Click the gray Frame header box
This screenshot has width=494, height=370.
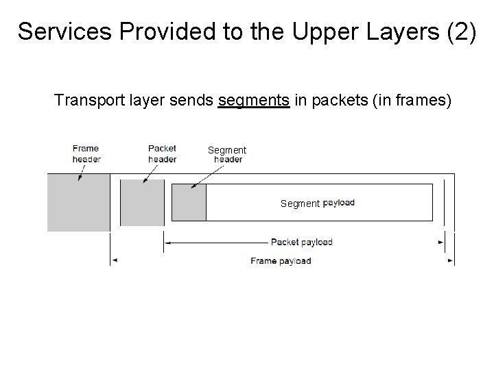[78, 202]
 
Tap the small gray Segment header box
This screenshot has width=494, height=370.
[189, 202]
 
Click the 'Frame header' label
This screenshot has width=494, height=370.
[86, 153]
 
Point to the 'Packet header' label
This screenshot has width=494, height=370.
[162, 153]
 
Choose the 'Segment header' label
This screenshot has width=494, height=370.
[227, 155]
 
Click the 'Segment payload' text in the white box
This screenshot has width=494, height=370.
[318, 203]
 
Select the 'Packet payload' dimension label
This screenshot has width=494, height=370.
[301, 242]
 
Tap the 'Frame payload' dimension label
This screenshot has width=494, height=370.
[281, 260]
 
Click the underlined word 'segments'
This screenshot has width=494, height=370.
[253, 101]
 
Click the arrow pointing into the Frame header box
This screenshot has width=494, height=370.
[82, 173]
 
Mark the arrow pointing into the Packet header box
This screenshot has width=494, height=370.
[146, 176]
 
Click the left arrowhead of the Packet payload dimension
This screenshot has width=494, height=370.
[167, 242]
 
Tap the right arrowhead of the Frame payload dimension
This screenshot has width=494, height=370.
[450, 260]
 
